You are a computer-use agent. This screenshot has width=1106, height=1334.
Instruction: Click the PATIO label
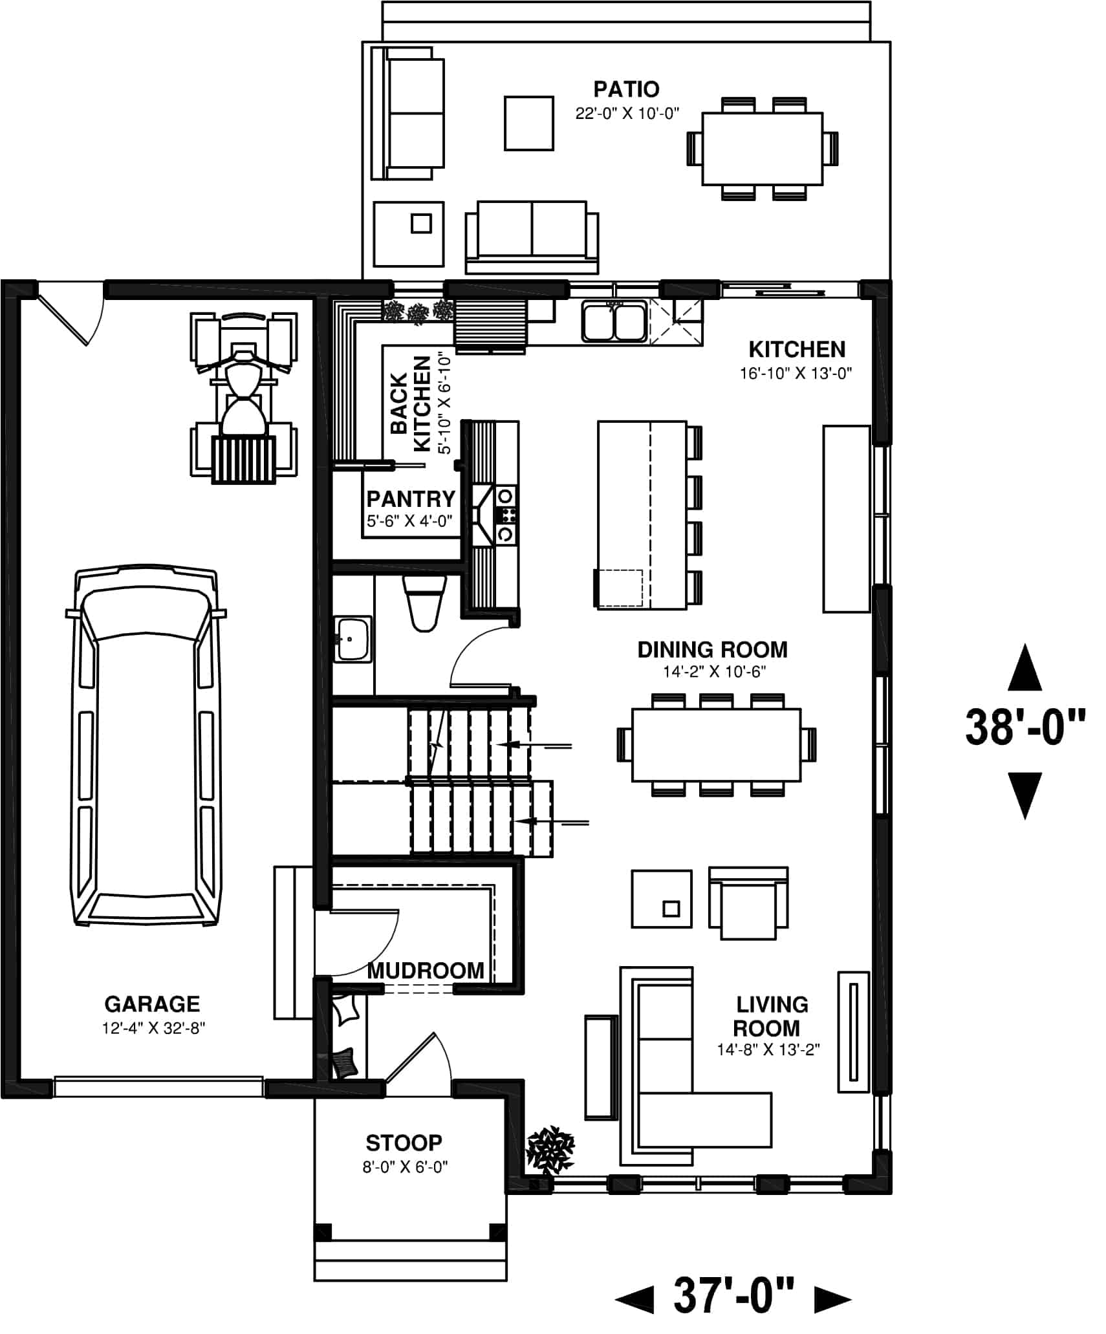(625, 89)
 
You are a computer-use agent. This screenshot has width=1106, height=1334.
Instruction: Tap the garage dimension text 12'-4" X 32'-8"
(153, 1028)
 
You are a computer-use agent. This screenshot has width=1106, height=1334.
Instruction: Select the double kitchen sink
(614, 321)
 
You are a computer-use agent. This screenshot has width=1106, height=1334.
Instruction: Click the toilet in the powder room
(424, 603)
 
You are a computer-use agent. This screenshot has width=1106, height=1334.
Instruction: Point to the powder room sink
(352, 639)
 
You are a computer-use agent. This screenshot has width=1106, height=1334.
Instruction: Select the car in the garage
(146, 748)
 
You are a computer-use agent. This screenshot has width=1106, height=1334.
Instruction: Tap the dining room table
(716, 744)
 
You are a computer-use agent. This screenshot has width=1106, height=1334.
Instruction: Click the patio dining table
(762, 149)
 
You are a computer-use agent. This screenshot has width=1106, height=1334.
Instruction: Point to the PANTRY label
(411, 499)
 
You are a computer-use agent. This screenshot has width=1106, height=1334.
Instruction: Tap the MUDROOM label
(426, 971)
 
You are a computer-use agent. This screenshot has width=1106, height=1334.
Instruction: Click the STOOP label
(404, 1143)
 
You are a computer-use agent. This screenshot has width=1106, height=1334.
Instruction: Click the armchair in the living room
(748, 903)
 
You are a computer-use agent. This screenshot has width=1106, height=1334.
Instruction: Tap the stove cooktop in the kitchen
(506, 515)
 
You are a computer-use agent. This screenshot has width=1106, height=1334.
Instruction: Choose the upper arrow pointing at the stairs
(537, 745)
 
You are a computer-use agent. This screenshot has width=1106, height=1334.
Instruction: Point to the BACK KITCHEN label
(411, 404)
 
